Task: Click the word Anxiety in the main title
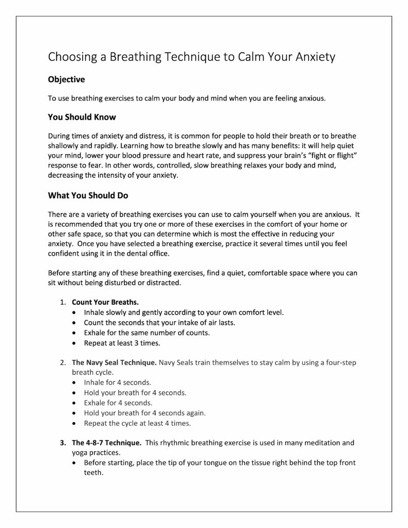(315, 57)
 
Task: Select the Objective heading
(66, 79)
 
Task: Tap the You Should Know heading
(82, 117)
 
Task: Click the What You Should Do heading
(88, 196)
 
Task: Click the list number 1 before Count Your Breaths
(62, 302)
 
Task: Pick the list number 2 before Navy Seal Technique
(62, 362)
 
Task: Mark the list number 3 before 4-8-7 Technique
(62, 442)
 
